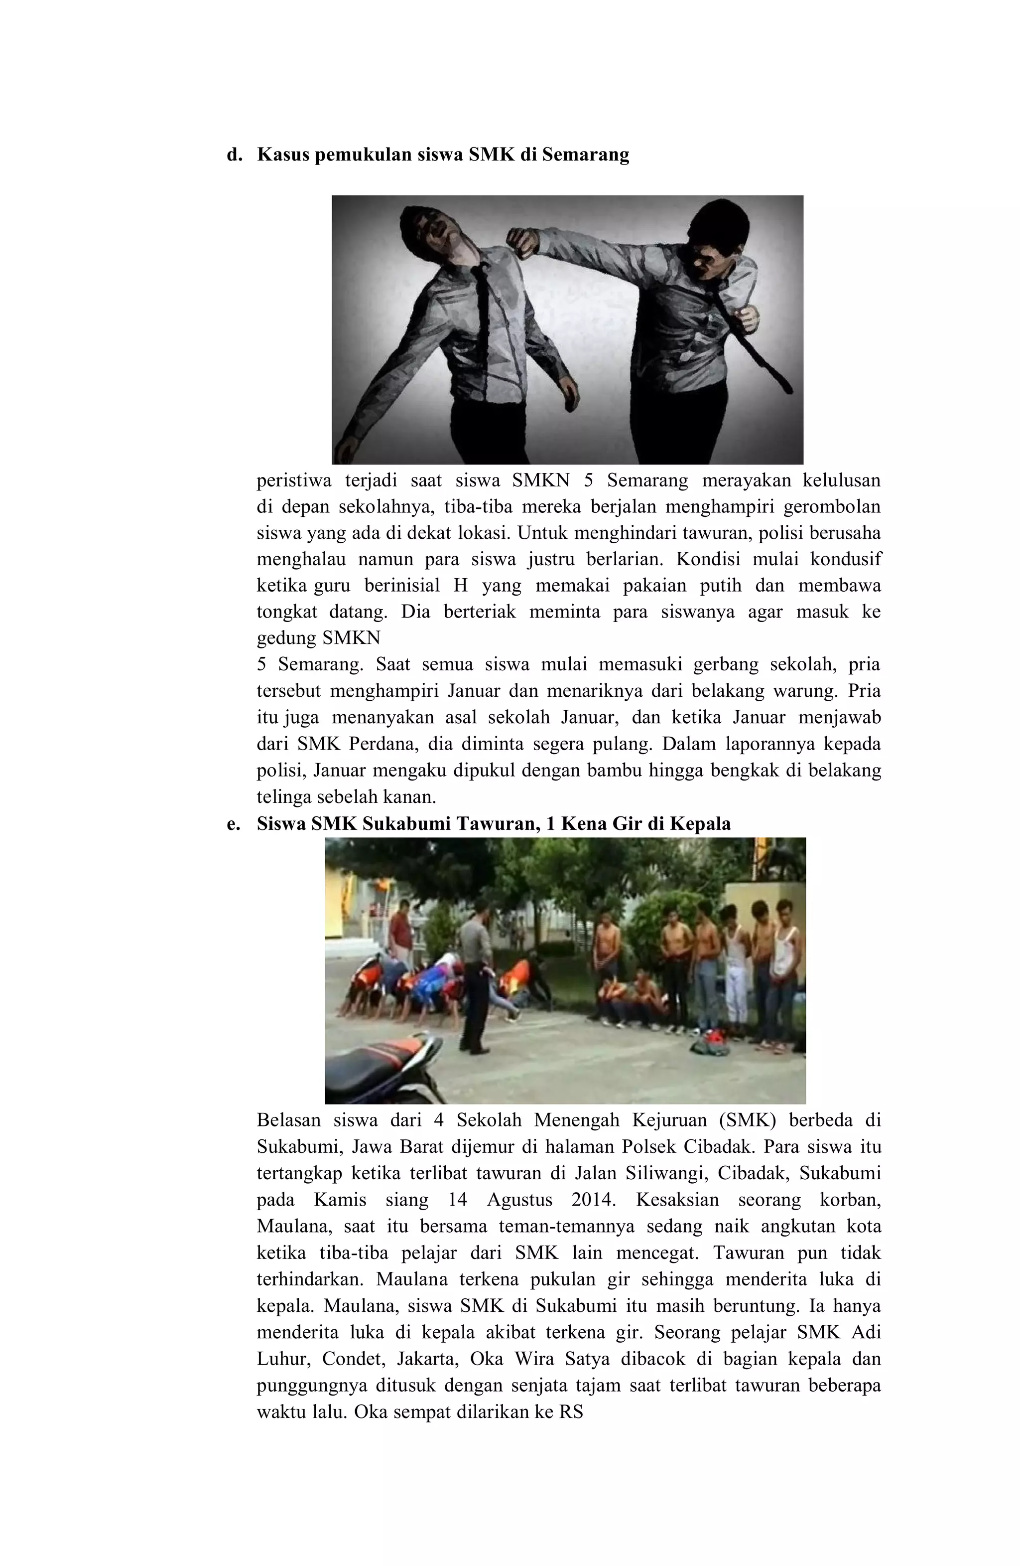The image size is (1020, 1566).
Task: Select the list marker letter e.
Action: (232, 824)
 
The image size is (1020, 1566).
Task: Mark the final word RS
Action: (571, 1412)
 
